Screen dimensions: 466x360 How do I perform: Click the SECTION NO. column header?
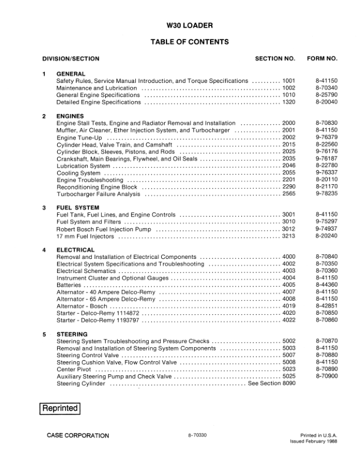pyautogui.click(x=275, y=59)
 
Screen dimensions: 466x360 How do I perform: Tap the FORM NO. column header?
pyautogui.click(x=322, y=59)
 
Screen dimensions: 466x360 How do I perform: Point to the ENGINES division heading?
pyautogui.click(x=70, y=116)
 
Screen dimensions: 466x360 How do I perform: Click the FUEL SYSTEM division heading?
pyautogui.click(x=78, y=208)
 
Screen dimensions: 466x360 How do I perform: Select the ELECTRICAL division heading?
pyautogui.click(x=75, y=250)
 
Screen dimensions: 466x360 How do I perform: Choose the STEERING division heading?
pyautogui.click(x=72, y=334)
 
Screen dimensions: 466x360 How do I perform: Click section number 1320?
pyautogui.click(x=289, y=102)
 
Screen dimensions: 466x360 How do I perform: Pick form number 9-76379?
pyautogui.click(x=326, y=137)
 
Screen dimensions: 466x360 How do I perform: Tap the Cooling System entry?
pyautogui.click(x=78, y=173)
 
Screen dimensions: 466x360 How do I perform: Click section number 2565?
pyautogui.click(x=289, y=194)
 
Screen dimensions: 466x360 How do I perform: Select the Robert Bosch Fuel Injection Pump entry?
pyautogui.click(x=104, y=229)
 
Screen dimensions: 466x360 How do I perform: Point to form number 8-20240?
pyautogui.click(x=326, y=236)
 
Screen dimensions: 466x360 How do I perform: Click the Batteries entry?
pyautogui.click(x=69, y=285)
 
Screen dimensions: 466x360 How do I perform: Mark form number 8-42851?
pyautogui.click(x=326, y=306)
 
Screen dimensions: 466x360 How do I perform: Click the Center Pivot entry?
pyautogui.click(x=75, y=370)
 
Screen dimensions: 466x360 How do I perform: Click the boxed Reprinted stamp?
pyautogui.click(x=59, y=408)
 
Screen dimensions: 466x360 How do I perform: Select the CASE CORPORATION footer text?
pyautogui.click(x=78, y=435)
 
